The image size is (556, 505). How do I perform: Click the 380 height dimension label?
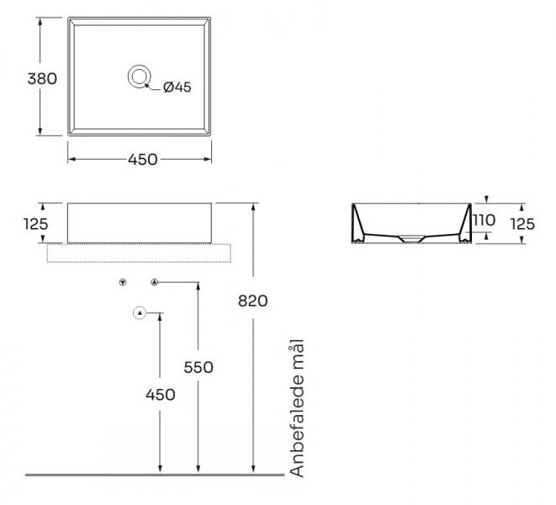[42, 79]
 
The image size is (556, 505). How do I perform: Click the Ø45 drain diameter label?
[177, 87]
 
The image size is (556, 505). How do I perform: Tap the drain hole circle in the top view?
[139, 66]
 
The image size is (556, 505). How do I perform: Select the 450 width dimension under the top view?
[142, 160]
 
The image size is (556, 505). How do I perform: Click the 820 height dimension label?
[252, 301]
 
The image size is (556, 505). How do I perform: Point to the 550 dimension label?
[199, 367]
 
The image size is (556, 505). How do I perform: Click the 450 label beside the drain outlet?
[161, 395]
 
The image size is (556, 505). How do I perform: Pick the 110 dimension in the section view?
[485, 221]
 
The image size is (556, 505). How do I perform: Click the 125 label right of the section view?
[522, 224]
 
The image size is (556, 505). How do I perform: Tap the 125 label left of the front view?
[35, 224]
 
